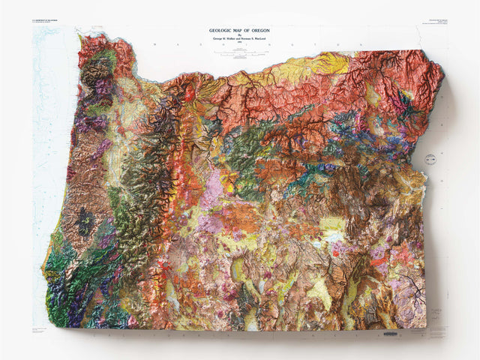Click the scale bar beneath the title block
click(240, 52)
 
